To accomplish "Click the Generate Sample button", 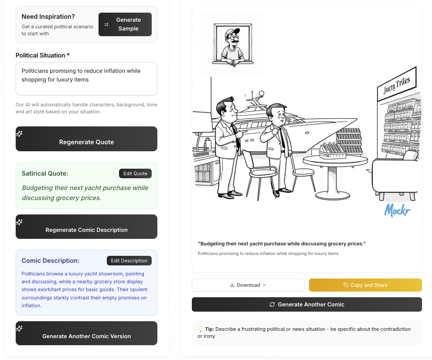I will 125,24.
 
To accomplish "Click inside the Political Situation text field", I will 86,78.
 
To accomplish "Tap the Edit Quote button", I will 135,173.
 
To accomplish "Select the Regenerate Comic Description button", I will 86,227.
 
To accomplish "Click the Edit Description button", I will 129,261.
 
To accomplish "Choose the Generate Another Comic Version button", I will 86,333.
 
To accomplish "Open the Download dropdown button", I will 248,285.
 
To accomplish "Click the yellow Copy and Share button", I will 365,285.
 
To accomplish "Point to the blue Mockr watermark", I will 397,210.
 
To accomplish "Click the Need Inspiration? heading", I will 48,17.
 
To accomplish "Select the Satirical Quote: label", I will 45,173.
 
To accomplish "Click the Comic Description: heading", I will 51,261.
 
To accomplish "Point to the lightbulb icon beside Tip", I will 201,329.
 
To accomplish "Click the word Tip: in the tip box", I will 209,329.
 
